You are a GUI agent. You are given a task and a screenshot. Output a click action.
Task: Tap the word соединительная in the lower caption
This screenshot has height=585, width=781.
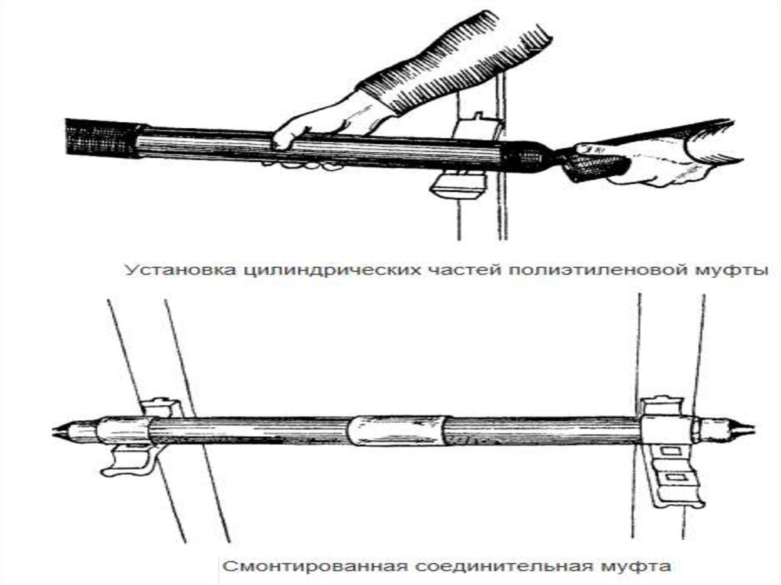[499, 566]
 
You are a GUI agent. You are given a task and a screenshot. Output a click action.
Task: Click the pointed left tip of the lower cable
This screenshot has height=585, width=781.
[53, 432]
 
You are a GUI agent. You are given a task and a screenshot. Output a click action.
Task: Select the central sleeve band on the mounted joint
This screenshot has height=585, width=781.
[396, 429]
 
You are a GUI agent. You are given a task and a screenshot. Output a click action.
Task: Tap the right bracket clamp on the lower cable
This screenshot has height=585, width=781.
[670, 451]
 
